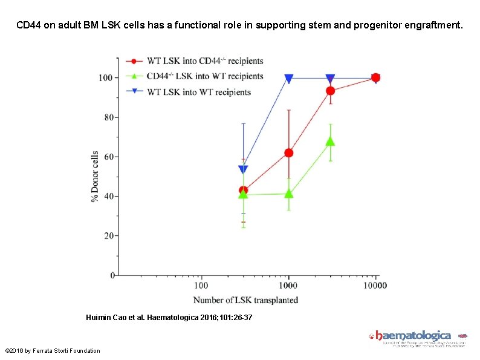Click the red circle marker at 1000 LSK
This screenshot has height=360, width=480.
pyautogui.click(x=288, y=153)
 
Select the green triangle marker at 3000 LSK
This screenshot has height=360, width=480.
pyautogui.click(x=330, y=142)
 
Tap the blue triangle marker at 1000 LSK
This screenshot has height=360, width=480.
pyautogui.click(x=288, y=79)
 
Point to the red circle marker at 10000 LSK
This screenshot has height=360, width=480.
pyautogui.click(x=375, y=77)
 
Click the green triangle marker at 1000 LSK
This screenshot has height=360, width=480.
pyautogui.click(x=288, y=194)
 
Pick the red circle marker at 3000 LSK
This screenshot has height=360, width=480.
pyautogui.click(x=330, y=91)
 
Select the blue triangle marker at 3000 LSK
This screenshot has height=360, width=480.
pyautogui.click(x=330, y=79)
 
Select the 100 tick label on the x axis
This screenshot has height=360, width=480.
pyautogui.click(x=201, y=286)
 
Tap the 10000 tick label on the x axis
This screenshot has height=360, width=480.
pyautogui.click(x=375, y=286)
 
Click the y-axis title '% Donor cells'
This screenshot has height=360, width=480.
pyautogui.click(x=95, y=177)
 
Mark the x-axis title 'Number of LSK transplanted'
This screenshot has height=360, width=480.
pyautogui.click(x=245, y=300)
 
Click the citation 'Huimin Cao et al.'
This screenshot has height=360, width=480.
pyautogui.click(x=115, y=317)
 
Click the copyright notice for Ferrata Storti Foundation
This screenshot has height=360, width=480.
pyautogui.click(x=53, y=351)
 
